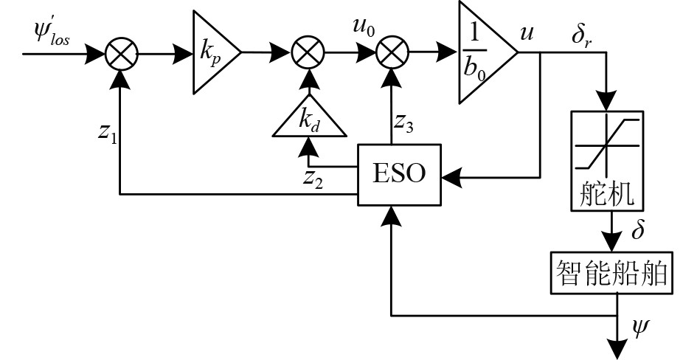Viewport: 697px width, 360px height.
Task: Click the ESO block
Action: (x=400, y=176)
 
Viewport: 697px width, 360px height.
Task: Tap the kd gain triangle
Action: (x=309, y=120)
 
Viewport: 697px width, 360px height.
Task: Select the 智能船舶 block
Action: (x=612, y=274)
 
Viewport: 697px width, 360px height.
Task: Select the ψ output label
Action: (x=640, y=327)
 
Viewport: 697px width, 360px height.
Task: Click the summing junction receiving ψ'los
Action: (x=118, y=53)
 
